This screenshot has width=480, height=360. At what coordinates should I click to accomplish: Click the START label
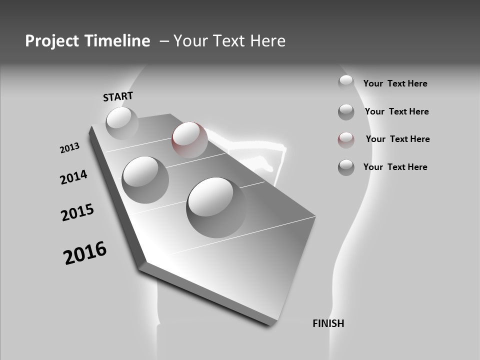click(x=118, y=96)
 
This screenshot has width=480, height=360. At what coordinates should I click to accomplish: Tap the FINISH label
click(x=328, y=323)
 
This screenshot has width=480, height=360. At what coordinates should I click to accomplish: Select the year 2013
click(x=69, y=148)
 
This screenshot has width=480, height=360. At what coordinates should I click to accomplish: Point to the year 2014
click(x=73, y=177)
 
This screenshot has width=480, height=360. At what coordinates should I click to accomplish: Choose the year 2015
click(x=77, y=212)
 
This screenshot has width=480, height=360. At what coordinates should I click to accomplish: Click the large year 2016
click(x=85, y=252)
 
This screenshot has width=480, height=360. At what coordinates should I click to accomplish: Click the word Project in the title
click(x=51, y=41)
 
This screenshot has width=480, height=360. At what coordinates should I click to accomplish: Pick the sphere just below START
click(x=122, y=123)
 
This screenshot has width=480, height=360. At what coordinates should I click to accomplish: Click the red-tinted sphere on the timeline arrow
click(x=189, y=139)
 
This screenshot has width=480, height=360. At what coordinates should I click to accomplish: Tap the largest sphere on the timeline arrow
click(x=216, y=207)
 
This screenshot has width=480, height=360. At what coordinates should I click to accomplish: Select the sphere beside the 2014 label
click(x=145, y=179)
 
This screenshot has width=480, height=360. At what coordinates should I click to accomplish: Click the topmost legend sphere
click(x=346, y=82)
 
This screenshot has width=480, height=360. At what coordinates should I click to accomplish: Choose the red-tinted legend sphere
click(x=346, y=140)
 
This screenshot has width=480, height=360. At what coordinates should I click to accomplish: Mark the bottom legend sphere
click(x=346, y=167)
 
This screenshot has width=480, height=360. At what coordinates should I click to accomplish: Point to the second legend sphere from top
click(x=346, y=112)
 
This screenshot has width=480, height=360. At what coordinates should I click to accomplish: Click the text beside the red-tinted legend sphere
click(x=397, y=139)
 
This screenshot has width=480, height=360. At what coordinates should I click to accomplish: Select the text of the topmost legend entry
click(x=395, y=83)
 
